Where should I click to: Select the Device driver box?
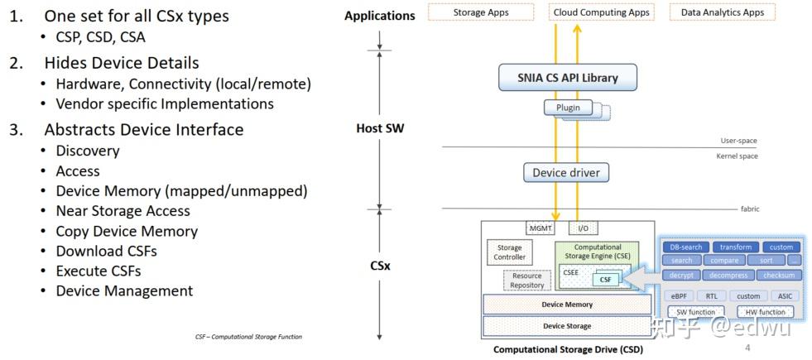point(566,173)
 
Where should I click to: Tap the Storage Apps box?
point(481,12)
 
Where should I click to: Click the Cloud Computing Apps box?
point(601,12)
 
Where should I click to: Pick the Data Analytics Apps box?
point(722,12)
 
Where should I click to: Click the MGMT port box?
point(540,228)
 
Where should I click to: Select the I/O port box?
point(584,228)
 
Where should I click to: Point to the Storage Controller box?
point(509,252)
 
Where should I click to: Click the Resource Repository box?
point(527,281)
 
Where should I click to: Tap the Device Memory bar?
point(567,305)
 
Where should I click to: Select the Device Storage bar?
point(567,326)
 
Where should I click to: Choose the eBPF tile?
point(679,295)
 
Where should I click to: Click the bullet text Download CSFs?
point(106,251)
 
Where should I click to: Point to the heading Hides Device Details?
point(121,62)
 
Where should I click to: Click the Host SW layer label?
point(379,128)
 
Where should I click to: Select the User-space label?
point(738,141)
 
